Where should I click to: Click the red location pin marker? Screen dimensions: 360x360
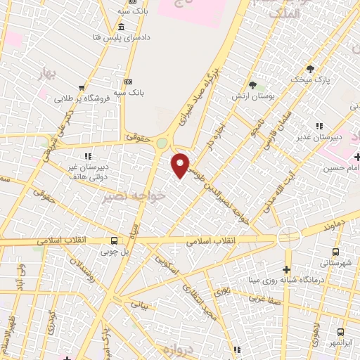181,165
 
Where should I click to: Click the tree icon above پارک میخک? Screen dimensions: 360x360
310,69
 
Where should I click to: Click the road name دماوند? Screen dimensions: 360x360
331,229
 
